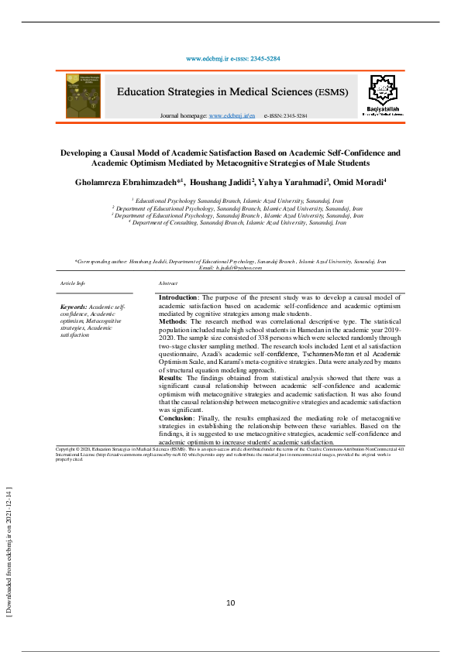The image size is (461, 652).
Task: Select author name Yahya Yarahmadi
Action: (292, 184)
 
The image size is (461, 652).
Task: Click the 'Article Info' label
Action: (72, 284)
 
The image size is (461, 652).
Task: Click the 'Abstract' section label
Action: (168, 284)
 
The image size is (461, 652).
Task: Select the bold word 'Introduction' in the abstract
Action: (178, 297)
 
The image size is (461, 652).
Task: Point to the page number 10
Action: (230, 603)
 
